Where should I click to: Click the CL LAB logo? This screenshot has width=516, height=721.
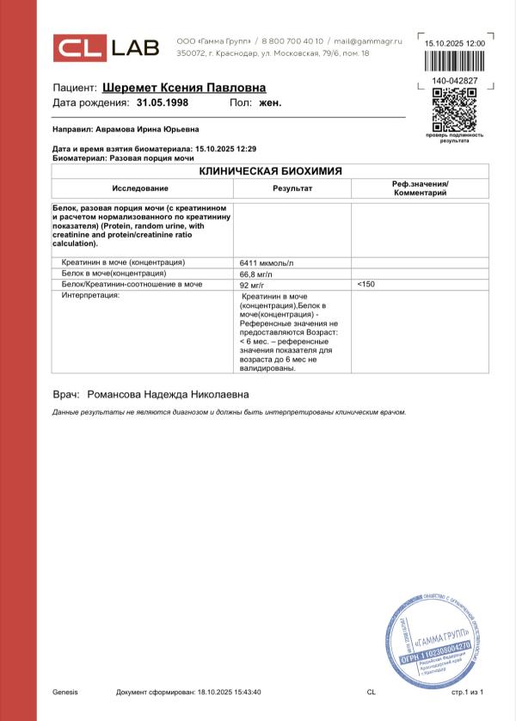click(107, 48)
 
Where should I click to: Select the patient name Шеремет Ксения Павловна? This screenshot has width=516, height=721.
click(184, 88)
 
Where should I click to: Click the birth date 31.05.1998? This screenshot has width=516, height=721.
click(162, 102)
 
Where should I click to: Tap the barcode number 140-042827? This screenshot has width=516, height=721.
click(455, 81)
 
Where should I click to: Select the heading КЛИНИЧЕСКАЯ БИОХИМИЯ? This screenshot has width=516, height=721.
click(270, 171)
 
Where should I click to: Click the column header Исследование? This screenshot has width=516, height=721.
click(142, 188)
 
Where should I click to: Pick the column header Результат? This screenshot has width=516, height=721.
click(292, 188)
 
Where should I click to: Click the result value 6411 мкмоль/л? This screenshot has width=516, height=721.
click(267, 262)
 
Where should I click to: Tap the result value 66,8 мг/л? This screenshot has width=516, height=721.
click(256, 273)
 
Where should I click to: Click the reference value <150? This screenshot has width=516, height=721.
click(365, 284)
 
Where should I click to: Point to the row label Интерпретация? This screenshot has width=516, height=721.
click(90, 295)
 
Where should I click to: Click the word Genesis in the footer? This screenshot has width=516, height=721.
click(65, 692)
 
